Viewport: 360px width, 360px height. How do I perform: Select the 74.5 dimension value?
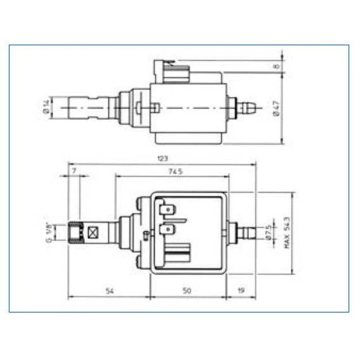(175, 171)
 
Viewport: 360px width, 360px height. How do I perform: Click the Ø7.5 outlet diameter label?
(267, 231)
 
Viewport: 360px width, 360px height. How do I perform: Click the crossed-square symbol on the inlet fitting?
(94, 233)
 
